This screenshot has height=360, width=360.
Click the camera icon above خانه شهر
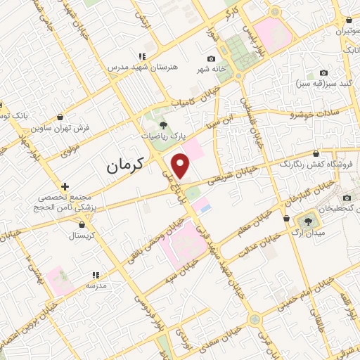click(x=211, y=58)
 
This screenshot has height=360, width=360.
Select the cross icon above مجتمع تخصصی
click(x=65, y=186)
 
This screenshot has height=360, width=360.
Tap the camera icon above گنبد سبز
click(x=323, y=72)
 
